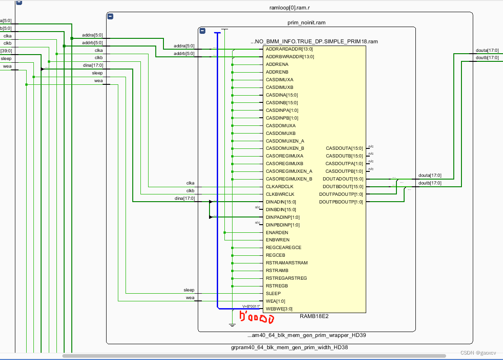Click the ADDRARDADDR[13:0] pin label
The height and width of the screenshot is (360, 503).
pyautogui.click(x=289, y=49)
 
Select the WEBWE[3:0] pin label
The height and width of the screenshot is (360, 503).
pyautogui.click(x=279, y=309)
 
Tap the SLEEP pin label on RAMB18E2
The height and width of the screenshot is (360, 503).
pyautogui.click(x=273, y=294)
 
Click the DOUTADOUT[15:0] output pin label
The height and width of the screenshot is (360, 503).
pyautogui.click(x=343, y=179)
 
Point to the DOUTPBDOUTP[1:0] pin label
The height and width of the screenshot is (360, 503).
pyautogui.click(x=341, y=202)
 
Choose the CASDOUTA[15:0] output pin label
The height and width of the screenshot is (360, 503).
pyautogui.click(x=344, y=148)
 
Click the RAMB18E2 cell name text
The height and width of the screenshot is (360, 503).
pyautogui.click(x=314, y=316)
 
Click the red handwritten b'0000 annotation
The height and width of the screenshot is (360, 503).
pyautogui.click(x=256, y=319)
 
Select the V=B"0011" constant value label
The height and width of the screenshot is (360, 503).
pyautogui.click(x=251, y=306)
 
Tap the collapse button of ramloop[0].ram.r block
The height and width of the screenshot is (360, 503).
pyautogui.click(x=110, y=17)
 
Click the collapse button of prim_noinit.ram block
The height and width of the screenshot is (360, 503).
pyautogui.click(x=202, y=31)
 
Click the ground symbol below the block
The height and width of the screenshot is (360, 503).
pyautogui.click(x=232, y=324)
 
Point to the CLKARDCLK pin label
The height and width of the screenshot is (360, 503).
pyautogui.click(x=279, y=187)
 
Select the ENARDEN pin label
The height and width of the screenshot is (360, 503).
pyautogui.click(x=277, y=233)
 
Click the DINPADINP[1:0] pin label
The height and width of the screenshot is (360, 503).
pyautogui.click(x=283, y=217)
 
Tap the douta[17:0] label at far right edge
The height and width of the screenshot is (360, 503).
pyautogui.click(x=487, y=51)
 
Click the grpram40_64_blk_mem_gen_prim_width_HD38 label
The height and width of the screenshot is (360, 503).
pyautogui.click(x=289, y=347)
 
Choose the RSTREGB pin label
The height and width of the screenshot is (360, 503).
pyautogui.click(x=277, y=286)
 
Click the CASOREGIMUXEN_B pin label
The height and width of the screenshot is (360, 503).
pyautogui.click(x=289, y=179)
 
